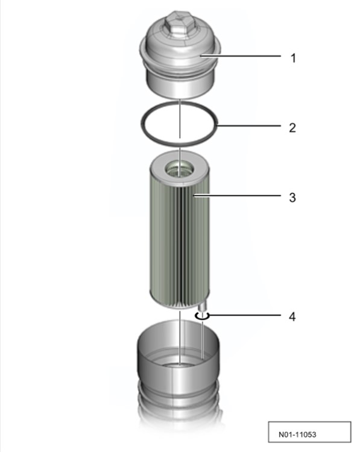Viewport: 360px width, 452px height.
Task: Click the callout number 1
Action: tap(293, 58)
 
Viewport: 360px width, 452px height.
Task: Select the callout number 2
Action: tap(292, 128)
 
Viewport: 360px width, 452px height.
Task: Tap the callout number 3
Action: tap(292, 198)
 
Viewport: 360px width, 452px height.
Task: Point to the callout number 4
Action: tap(292, 316)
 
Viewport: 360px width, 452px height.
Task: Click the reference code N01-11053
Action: tap(297, 435)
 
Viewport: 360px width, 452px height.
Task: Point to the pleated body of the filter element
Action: tap(179, 245)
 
